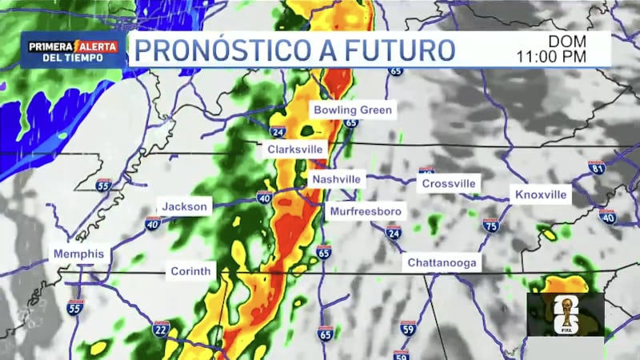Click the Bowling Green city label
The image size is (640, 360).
pyautogui.click(x=353, y=110)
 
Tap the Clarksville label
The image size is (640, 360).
pyautogui.click(x=295, y=150)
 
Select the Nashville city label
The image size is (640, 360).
pyautogui.click(x=336, y=179)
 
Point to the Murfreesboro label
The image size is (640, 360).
pyautogui.click(x=366, y=212)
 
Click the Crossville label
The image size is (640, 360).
pyautogui.click(x=449, y=183)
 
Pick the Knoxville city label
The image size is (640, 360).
pyautogui.click(x=541, y=194)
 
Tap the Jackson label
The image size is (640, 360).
pyautogui.click(x=185, y=206)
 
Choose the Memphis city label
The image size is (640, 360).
pyautogui.click(x=78, y=254)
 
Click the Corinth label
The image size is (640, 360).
pyautogui.click(x=190, y=271)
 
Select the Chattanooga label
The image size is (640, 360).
pyautogui.click(x=442, y=262)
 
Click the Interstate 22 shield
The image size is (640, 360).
pyautogui.click(x=161, y=328)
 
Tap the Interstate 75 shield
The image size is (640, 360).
pyautogui.click(x=490, y=226)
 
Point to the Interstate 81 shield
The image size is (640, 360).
pyautogui.click(x=597, y=167)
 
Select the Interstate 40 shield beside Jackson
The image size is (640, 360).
pyautogui.click(x=153, y=223)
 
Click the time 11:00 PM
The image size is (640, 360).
pyautogui.click(x=552, y=56)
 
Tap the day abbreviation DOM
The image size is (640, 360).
pyautogui.click(x=568, y=41)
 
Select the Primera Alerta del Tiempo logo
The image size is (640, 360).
pyautogui.click(x=73, y=50)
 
